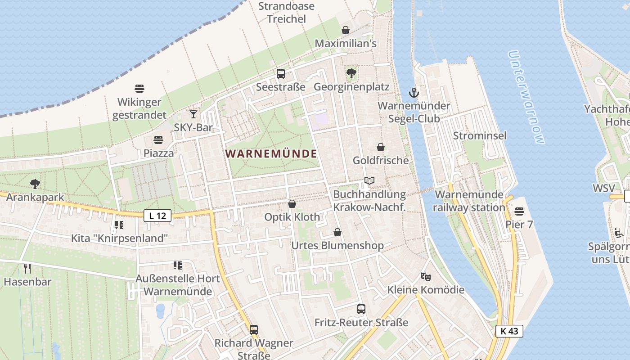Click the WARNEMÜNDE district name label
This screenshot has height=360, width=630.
pyautogui.click(x=271, y=153)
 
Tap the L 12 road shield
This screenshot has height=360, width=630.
pyautogui.click(x=157, y=216)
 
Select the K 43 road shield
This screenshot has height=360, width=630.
pyautogui.click(x=509, y=331)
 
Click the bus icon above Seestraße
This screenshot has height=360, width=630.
pyautogui.click(x=280, y=74)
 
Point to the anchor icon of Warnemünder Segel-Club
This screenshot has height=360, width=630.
pyautogui.click(x=414, y=93)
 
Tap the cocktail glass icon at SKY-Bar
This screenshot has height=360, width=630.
pyautogui.click(x=193, y=114)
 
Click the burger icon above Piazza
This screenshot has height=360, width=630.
pyautogui.click(x=158, y=140)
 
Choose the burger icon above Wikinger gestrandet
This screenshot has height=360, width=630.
pyautogui.click(x=139, y=89)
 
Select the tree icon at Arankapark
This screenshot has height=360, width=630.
pyautogui.click(x=35, y=184)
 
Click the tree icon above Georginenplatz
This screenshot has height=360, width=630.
pyautogui.click(x=351, y=73)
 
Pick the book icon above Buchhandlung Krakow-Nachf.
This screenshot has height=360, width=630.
pyautogui.click(x=369, y=181)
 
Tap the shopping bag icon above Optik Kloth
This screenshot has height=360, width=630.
pyautogui.click(x=292, y=204)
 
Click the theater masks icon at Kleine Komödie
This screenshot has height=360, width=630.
pyautogui.click(x=425, y=276)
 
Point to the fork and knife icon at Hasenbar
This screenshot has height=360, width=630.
pyautogui.click(x=27, y=269)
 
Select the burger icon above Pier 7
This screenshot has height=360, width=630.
pyautogui.click(x=519, y=211)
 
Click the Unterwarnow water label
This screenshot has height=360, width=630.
pyautogui.click(x=526, y=97)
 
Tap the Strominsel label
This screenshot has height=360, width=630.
pyautogui.click(x=479, y=135)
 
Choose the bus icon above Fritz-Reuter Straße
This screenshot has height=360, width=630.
pyautogui.click(x=361, y=309)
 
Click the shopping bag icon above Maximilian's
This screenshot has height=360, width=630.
pyautogui.click(x=345, y=30)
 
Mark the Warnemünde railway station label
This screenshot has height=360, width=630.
pyautogui.click(x=469, y=201)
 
